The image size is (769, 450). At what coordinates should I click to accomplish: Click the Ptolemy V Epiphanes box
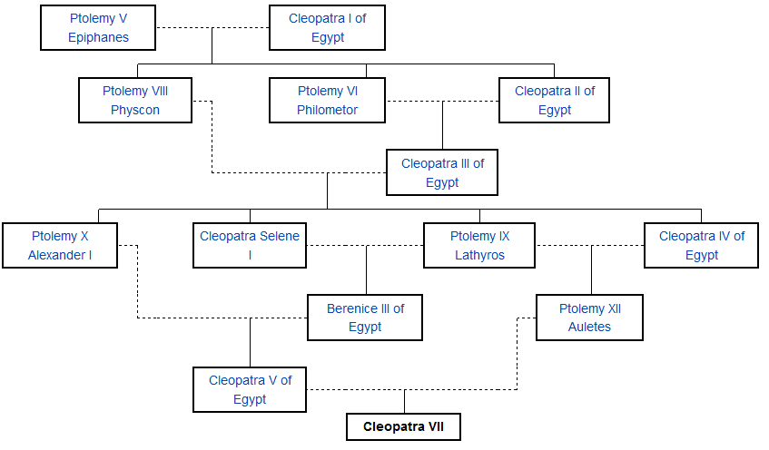pyautogui.click(x=98, y=27)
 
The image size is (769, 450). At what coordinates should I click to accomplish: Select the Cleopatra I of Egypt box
pyautogui.click(x=327, y=27)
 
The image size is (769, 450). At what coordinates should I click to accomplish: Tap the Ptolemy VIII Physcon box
pyautogui.click(x=135, y=100)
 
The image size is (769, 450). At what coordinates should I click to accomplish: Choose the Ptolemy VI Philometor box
pyautogui.click(x=327, y=100)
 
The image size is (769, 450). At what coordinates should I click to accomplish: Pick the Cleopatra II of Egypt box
pyautogui.click(x=554, y=100)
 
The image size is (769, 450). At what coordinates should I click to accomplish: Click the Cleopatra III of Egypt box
pyautogui.click(x=442, y=172)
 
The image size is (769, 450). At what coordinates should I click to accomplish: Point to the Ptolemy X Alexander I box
pyautogui.click(x=60, y=245)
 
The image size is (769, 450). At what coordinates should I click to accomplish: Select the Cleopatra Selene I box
pyautogui.click(x=250, y=245)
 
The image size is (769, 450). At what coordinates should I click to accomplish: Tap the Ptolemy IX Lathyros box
pyautogui.click(x=479, y=245)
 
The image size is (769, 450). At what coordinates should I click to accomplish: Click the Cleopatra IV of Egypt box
pyautogui.click(x=701, y=245)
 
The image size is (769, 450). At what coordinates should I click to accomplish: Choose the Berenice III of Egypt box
pyautogui.click(x=365, y=318)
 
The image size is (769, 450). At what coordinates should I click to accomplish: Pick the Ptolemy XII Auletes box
pyautogui.click(x=590, y=318)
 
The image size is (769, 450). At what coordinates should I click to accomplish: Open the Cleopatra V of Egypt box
pyautogui.click(x=250, y=390)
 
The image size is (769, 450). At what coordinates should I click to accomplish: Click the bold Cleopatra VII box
pyautogui.click(x=404, y=426)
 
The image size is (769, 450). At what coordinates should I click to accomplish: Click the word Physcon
pyautogui.click(x=135, y=110)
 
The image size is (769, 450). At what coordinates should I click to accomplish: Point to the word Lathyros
pyautogui.click(x=479, y=255)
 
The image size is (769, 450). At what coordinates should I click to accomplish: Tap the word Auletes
pyautogui.click(x=590, y=327)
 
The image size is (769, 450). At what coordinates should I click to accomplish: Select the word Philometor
pyautogui.click(x=327, y=110)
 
